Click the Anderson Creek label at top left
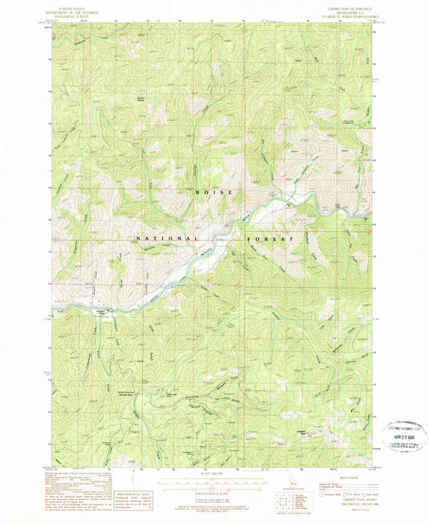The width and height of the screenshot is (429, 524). coord(88,37)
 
